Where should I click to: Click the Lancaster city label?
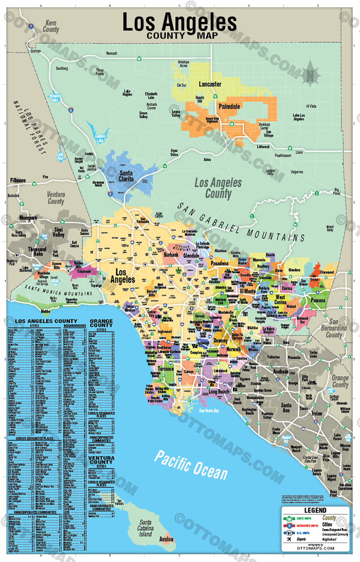point(210,84)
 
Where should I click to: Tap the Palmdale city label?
point(229,106)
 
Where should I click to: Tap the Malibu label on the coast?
point(45,311)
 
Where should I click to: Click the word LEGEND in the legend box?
point(315,510)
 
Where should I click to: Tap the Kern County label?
point(51,26)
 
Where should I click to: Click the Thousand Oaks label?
point(37,252)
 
